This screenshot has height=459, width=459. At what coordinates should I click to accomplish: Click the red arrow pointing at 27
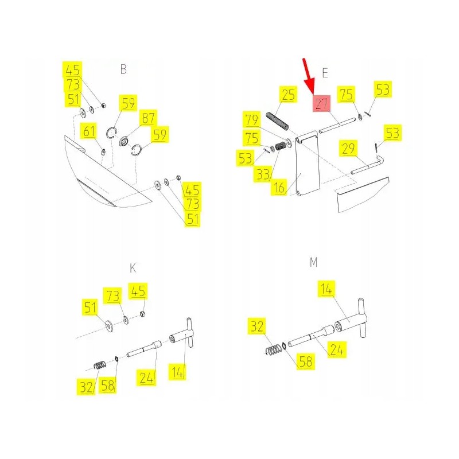(309, 76)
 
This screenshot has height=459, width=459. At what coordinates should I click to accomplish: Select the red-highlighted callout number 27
(322, 103)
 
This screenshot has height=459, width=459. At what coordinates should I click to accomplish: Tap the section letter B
(123, 69)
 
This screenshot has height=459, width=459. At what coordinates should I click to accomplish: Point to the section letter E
(325, 73)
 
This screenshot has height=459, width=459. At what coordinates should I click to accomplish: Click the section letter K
(133, 267)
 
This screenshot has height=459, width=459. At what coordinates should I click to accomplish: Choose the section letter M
(313, 262)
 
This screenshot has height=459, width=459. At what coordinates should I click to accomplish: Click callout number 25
(289, 94)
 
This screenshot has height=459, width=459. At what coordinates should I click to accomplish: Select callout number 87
(148, 118)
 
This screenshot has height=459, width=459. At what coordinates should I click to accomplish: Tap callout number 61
(90, 131)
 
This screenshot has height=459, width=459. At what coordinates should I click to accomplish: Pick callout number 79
(252, 119)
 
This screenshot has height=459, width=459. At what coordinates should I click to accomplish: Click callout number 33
(263, 174)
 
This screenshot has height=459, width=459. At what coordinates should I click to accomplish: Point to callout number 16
(279, 187)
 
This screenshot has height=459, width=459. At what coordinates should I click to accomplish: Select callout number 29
(348, 149)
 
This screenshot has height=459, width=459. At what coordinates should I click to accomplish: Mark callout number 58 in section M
(306, 361)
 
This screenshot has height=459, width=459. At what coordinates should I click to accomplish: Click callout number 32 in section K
(87, 387)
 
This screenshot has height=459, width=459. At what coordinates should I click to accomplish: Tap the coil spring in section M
(274, 350)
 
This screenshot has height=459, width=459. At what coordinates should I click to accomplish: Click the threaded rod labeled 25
(278, 121)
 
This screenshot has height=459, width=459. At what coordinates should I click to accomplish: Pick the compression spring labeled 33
(281, 146)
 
